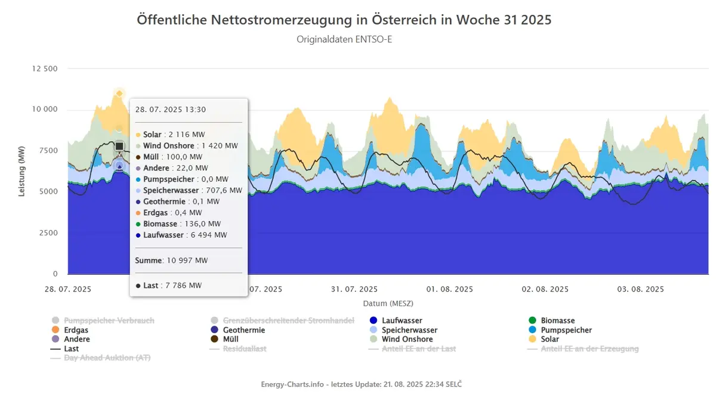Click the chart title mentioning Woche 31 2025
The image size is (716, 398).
(x=344, y=20)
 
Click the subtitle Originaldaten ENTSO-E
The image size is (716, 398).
(x=344, y=39)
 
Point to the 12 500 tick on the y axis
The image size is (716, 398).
(x=45, y=69)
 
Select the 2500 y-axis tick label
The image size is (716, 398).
(x=48, y=233)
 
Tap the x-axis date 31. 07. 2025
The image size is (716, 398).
(x=354, y=289)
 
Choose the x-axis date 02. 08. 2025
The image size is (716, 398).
(x=545, y=289)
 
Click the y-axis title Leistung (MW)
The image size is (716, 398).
(x=21, y=171)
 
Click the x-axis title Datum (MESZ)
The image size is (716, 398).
(x=388, y=303)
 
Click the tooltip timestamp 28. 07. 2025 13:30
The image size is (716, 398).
(x=171, y=110)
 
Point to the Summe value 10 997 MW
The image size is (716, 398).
(x=187, y=260)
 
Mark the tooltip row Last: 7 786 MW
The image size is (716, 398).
(x=168, y=285)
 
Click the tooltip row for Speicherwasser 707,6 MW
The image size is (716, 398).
(x=189, y=190)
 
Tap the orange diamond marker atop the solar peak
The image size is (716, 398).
(x=119, y=94)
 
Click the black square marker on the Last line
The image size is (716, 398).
(x=119, y=146)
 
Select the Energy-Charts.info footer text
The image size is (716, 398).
(x=361, y=384)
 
